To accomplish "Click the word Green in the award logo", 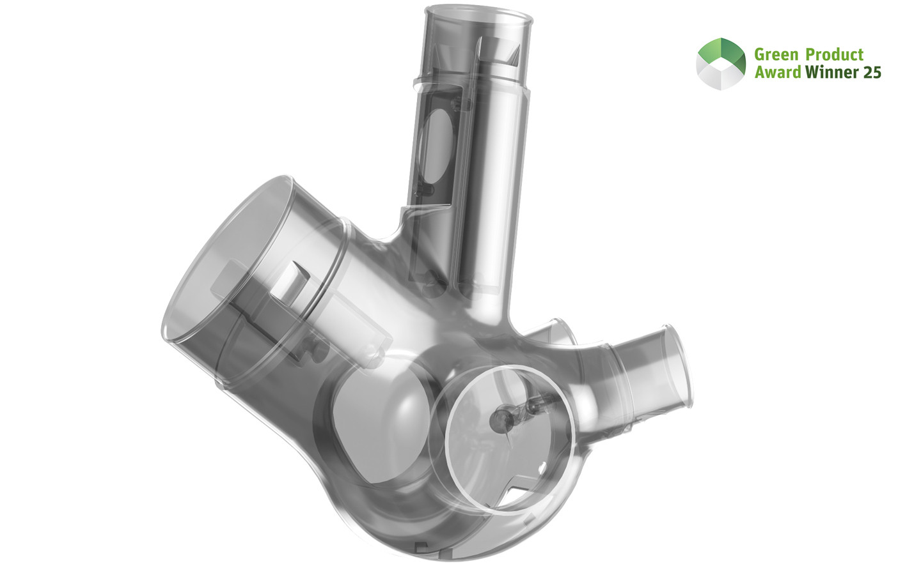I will tap(776, 55).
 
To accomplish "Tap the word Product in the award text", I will tap(835, 55).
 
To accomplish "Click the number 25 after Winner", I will tap(872, 72).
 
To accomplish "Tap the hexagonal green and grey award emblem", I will tap(721, 63).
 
